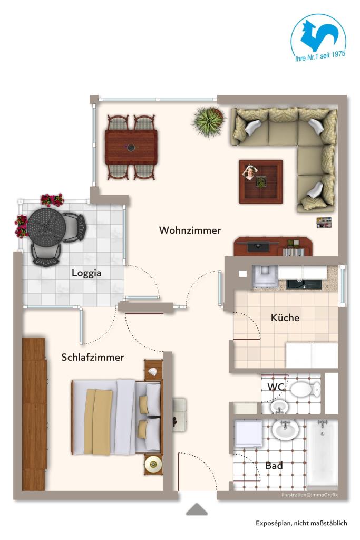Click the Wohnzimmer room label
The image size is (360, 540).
point(190,230)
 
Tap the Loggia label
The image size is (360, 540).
point(86,273)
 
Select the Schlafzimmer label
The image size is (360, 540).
point(93,357)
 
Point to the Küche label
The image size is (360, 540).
point(285,317)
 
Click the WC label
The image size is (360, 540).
point(276,387)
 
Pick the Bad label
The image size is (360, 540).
point(274,466)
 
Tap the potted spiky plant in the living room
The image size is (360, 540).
point(209,121)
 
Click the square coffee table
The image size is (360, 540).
point(261,182)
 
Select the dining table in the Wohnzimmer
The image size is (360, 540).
point(131,147)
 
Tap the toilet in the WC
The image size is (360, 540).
point(305,389)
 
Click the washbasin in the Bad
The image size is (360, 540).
point(285,429)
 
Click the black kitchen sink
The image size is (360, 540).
point(304,284)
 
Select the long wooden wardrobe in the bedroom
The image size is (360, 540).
point(34,414)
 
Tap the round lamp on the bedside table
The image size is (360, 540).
point(153,464)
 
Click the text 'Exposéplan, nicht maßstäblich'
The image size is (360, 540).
point(301,523)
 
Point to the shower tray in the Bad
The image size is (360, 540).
point(248,432)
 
